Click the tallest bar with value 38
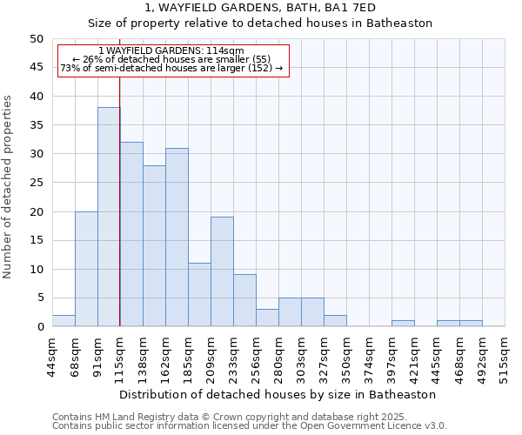[109, 217]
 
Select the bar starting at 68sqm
[86, 269]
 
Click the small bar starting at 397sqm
[403, 324]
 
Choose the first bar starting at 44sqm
[64, 320]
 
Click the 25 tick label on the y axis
[36, 183]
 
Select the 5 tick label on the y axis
[39, 298]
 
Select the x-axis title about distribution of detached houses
[278, 394]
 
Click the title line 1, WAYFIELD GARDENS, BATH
[260, 8]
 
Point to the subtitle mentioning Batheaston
[260, 23]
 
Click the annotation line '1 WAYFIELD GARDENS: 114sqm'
[171, 51]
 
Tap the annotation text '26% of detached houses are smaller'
[171, 59]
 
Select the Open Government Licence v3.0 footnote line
[249, 425]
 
